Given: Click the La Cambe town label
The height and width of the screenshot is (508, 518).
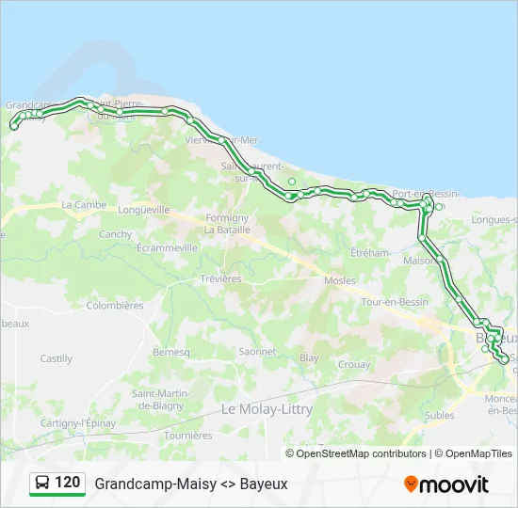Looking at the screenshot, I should tap(84, 204).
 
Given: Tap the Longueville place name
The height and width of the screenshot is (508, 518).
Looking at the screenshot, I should tap(145, 210).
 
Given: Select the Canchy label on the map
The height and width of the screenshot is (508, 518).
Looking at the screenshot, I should tap(115, 234).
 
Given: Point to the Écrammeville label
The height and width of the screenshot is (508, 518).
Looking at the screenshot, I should tap(167, 247).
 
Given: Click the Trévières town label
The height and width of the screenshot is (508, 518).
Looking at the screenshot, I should tap(220, 278).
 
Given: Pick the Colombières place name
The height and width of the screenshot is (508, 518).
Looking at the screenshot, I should tap(115, 305).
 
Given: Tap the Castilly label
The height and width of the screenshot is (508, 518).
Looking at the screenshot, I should tap(57, 358).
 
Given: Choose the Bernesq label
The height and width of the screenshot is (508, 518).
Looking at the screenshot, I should tap(170, 352).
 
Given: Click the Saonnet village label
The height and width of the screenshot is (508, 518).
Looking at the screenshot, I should tap(257, 352).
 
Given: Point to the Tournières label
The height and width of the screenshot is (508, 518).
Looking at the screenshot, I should tap(188, 436).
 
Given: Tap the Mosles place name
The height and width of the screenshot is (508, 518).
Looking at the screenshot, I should tap(339, 280).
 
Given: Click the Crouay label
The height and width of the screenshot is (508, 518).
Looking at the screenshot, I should tap(353, 364).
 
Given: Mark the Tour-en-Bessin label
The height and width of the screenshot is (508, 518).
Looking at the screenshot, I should tap(394, 302).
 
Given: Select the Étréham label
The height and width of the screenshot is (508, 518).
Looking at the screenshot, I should tap(369, 252).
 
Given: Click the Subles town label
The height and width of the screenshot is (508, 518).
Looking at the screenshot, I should tap(439, 415).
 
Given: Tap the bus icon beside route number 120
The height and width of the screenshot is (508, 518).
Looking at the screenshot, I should tap(42, 483).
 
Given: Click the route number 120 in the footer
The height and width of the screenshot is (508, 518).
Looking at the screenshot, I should tap(67, 483).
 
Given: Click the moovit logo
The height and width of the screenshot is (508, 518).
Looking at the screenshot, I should tap(446, 484).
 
